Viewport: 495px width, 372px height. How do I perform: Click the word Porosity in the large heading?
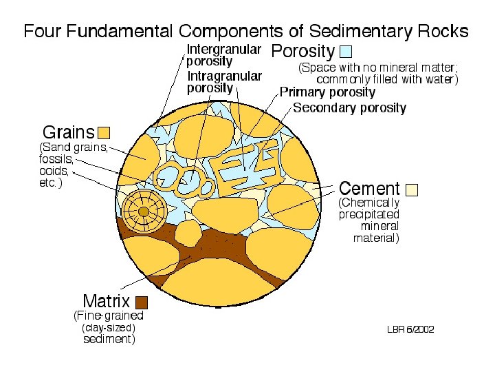coord(303,52)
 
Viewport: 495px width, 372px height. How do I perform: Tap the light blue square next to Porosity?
coord(346,52)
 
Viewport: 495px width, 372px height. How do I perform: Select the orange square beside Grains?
coord(104,132)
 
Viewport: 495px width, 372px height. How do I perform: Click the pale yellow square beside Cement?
coord(412,189)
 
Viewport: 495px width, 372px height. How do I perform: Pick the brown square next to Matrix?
coord(142,302)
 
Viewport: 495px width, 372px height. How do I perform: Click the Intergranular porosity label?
coord(224,54)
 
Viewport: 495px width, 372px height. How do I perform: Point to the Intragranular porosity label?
coord(224,82)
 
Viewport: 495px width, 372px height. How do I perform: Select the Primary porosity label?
coord(327,92)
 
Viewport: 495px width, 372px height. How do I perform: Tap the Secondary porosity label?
coord(349,108)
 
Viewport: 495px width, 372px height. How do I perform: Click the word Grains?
coord(69,132)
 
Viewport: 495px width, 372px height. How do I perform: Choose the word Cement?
coord(369,189)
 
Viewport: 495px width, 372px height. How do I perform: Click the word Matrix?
coord(107,301)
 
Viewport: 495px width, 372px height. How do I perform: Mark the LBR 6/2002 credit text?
coord(410,329)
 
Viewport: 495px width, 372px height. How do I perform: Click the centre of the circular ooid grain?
coord(144,211)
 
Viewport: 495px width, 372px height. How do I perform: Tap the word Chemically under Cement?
coord(369,203)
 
